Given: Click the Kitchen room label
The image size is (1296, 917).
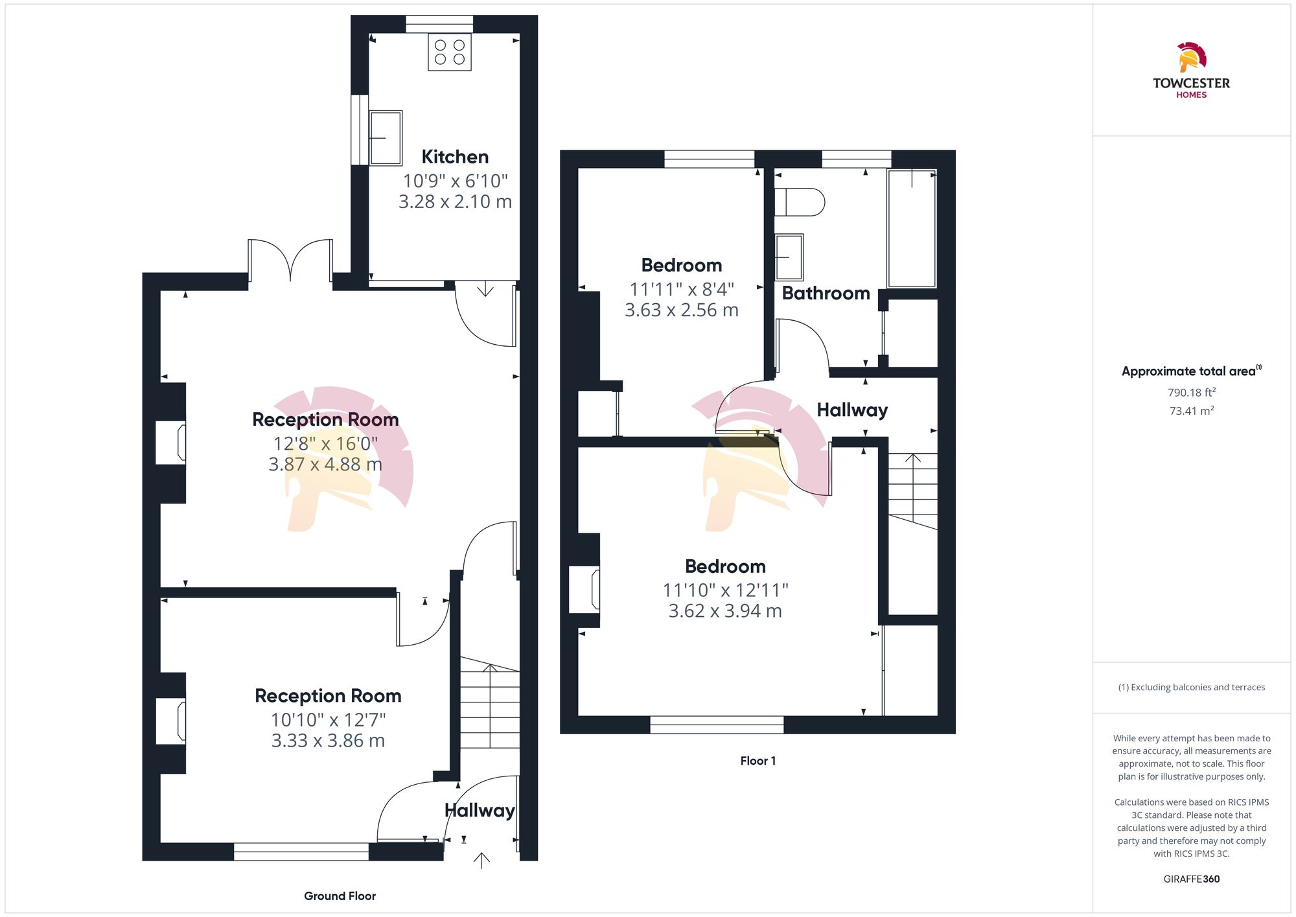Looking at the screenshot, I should (x=455, y=157).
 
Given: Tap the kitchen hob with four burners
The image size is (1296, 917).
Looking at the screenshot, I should (x=450, y=52).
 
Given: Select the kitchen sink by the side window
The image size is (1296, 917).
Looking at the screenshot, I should (x=386, y=138).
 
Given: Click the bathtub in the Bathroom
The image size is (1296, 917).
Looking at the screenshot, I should (x=912, y=228).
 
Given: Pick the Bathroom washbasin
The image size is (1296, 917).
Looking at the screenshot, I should (x=789, y=257).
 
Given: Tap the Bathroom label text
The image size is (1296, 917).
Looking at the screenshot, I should (x=826, y=294).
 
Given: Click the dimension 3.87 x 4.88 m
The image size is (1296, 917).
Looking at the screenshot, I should (x=325, y=465).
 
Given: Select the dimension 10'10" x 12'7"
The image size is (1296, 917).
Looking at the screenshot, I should (x=328, y=720).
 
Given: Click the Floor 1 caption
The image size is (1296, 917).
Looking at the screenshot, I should (x=758, y=761).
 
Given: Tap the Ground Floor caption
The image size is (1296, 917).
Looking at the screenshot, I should (x=340, y=896).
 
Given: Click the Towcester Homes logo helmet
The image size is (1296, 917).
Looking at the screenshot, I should (x=1191, y=58).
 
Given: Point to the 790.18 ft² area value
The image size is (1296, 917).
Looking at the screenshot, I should (x=1191, y=393).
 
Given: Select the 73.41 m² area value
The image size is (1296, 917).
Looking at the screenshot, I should (x=1191, y=411).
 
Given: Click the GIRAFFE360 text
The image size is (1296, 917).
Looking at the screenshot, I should (x=1191, y=879).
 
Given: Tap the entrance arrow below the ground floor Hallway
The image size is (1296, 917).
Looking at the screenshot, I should (x=481, y=860).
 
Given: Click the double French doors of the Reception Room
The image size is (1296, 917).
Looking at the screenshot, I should (x=290, y=261).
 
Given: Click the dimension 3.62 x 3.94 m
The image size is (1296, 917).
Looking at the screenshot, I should (x=725, y=611).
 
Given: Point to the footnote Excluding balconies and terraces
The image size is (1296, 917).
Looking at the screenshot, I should (x=1191, y=688).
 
